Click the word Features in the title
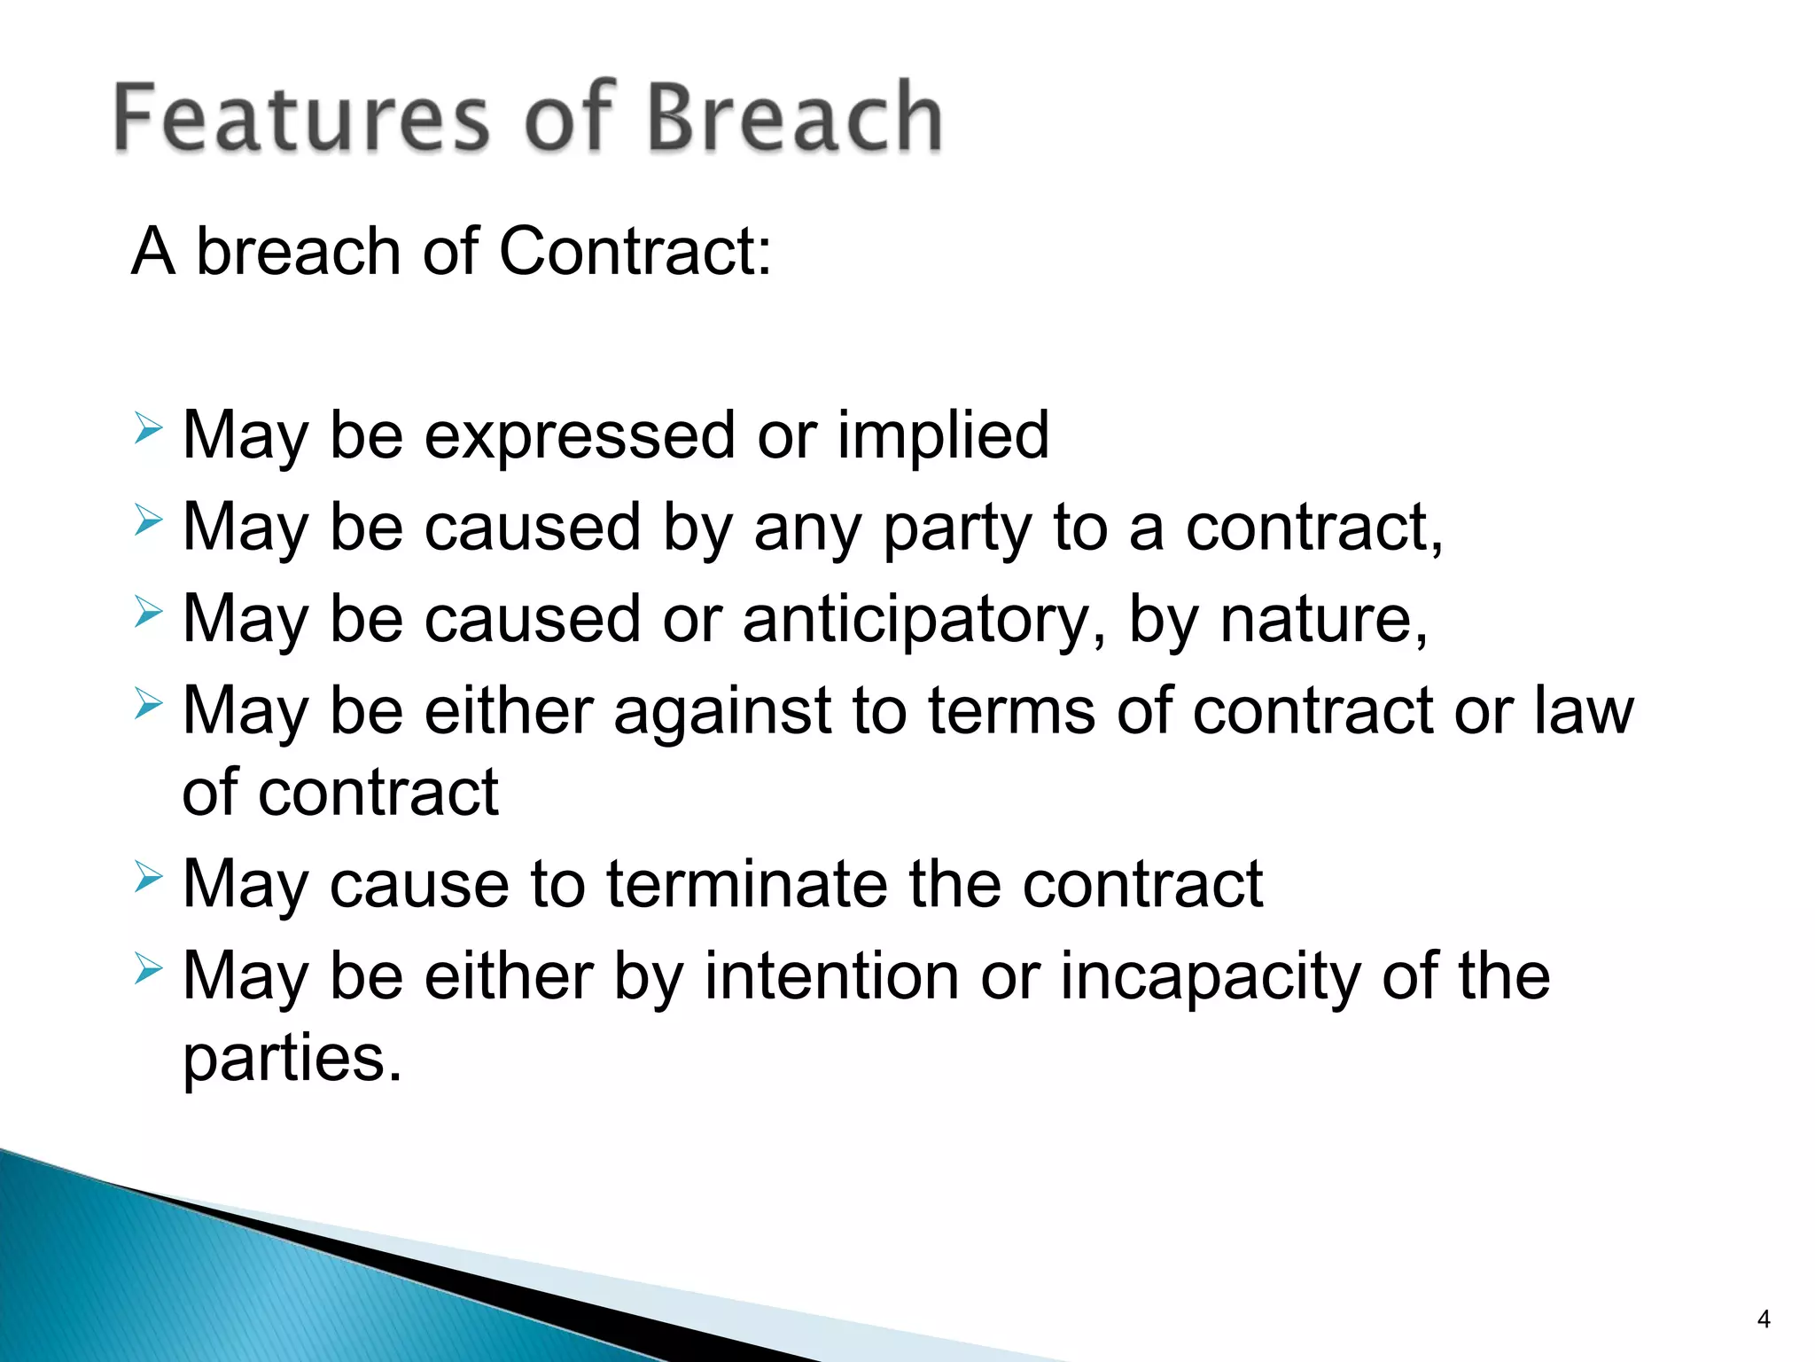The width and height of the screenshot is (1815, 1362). click(301, 117)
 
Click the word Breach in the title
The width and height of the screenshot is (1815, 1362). click(794, 117)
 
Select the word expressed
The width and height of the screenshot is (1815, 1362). click(580, 436)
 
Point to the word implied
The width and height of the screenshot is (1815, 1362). click(943, 436)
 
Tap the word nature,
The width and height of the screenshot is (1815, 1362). click(1323, 620)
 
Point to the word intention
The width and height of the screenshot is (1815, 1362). click(831, 977)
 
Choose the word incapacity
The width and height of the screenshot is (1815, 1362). click(1210, 977)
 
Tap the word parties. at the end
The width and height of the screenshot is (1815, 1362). click(292, 1059)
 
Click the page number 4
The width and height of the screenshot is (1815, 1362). click(1763, 1319)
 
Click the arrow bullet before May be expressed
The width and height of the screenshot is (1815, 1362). click(149, 430)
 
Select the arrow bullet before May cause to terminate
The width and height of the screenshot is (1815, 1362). click(149, 878)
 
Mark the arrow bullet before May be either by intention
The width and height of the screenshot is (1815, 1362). click(149, 970)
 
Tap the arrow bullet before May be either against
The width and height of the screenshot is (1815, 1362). click(149, 705)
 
